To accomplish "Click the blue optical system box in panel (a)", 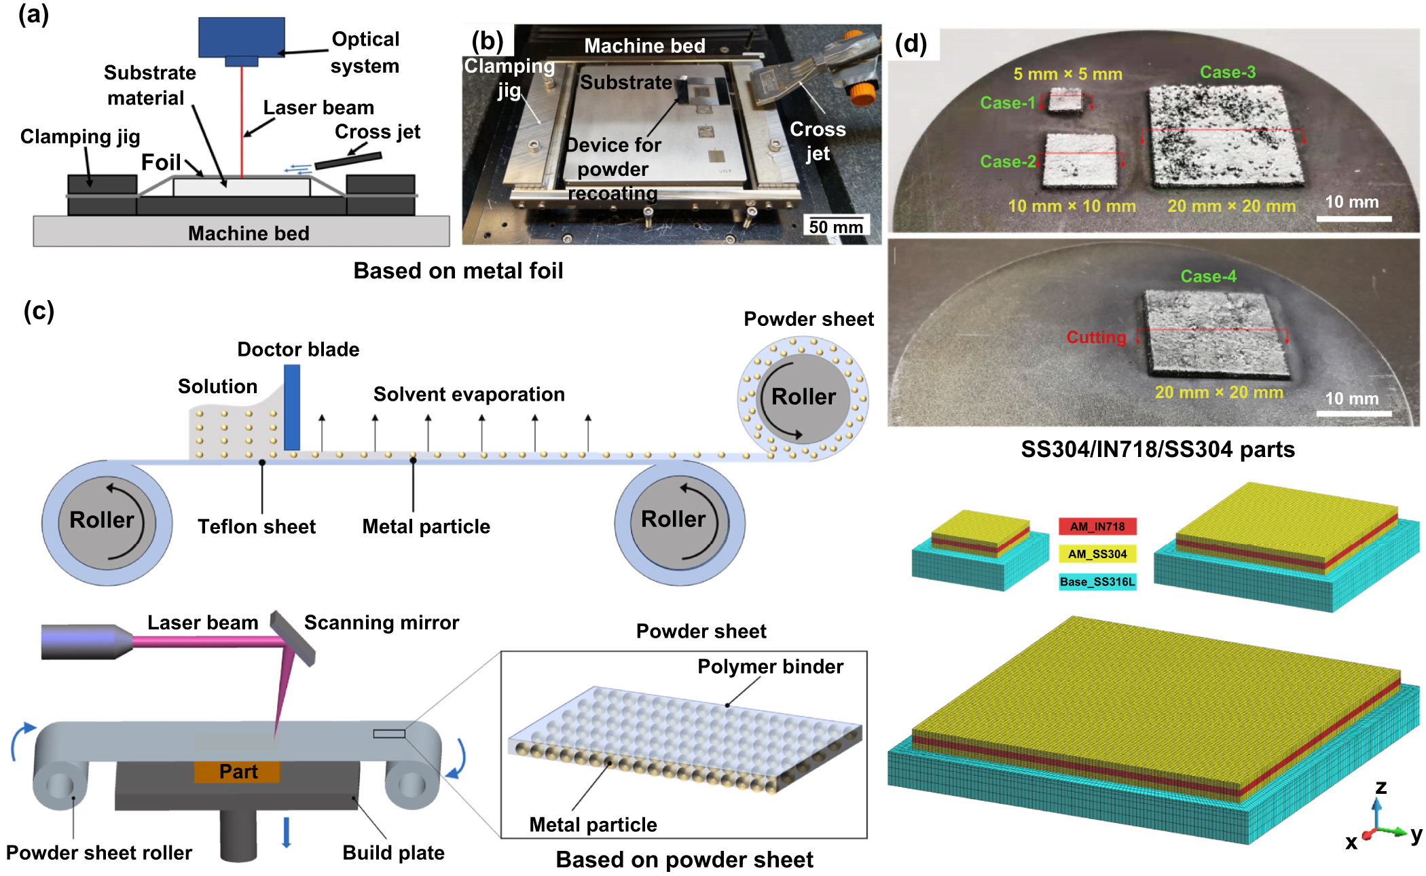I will (241, 37).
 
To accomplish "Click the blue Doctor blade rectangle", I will (292, 407).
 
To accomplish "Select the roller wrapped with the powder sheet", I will (803, 398).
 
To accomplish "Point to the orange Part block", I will (238, 771).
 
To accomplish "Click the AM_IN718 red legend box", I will (1097, 526).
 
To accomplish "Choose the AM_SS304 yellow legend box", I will (1097, 554).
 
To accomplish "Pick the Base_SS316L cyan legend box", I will (1097, 582).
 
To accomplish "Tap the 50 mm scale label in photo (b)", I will (836, 227).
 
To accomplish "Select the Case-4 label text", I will (1208, 276).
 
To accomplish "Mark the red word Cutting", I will (1096, 337).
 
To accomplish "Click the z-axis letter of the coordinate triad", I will (1381, 787).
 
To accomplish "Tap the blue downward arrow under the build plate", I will (287, 832).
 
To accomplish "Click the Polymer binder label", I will (770, 667).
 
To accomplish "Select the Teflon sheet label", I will (256, 527).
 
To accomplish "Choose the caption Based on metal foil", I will (458, 271).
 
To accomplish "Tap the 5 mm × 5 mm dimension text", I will (1067, 74).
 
